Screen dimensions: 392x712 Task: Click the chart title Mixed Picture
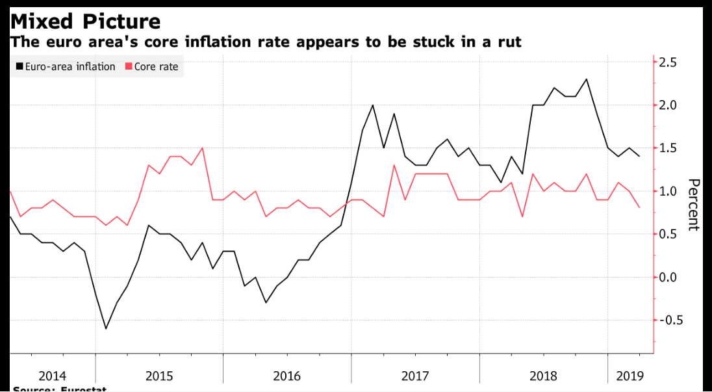tap(85, 21)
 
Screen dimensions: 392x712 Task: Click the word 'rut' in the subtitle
tap(509, 42)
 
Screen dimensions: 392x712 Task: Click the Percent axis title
tap(693, 204)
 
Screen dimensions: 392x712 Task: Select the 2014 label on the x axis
tap(52, 376)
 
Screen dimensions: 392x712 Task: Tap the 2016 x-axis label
tap(286, 376)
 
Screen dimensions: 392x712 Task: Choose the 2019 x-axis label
tap(629, 376)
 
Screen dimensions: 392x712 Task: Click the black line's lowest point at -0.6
tap(106, 328)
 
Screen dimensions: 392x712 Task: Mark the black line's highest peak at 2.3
tap(587, 79)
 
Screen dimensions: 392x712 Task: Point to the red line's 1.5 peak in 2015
tap(202, 148)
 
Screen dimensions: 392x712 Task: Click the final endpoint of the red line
tap(639, 207)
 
